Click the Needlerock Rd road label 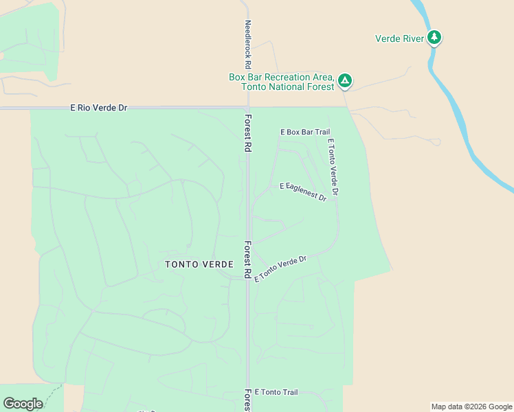(x=249, y=39)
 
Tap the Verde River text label (x=399, y=38)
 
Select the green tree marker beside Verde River (x=434, y=37)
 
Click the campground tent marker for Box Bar (x=345, y=81)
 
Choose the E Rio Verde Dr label (x=99, y=108)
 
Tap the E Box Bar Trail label (x=305, y=132)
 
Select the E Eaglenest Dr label (x=302, y=191)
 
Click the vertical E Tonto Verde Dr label (x=333, y=168)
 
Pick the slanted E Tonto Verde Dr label (x=280, y=268)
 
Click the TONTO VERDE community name (x=199, y=264)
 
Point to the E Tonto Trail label (x=276, y=392)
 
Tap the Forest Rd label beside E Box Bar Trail (x=247, y=133)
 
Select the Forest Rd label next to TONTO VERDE (x=247, y=259)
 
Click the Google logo (x=23, y=404)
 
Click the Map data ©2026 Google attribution (x=471, y=407)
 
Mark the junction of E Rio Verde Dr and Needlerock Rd (x=247, y=108)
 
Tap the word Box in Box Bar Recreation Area (x=237, y=77)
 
